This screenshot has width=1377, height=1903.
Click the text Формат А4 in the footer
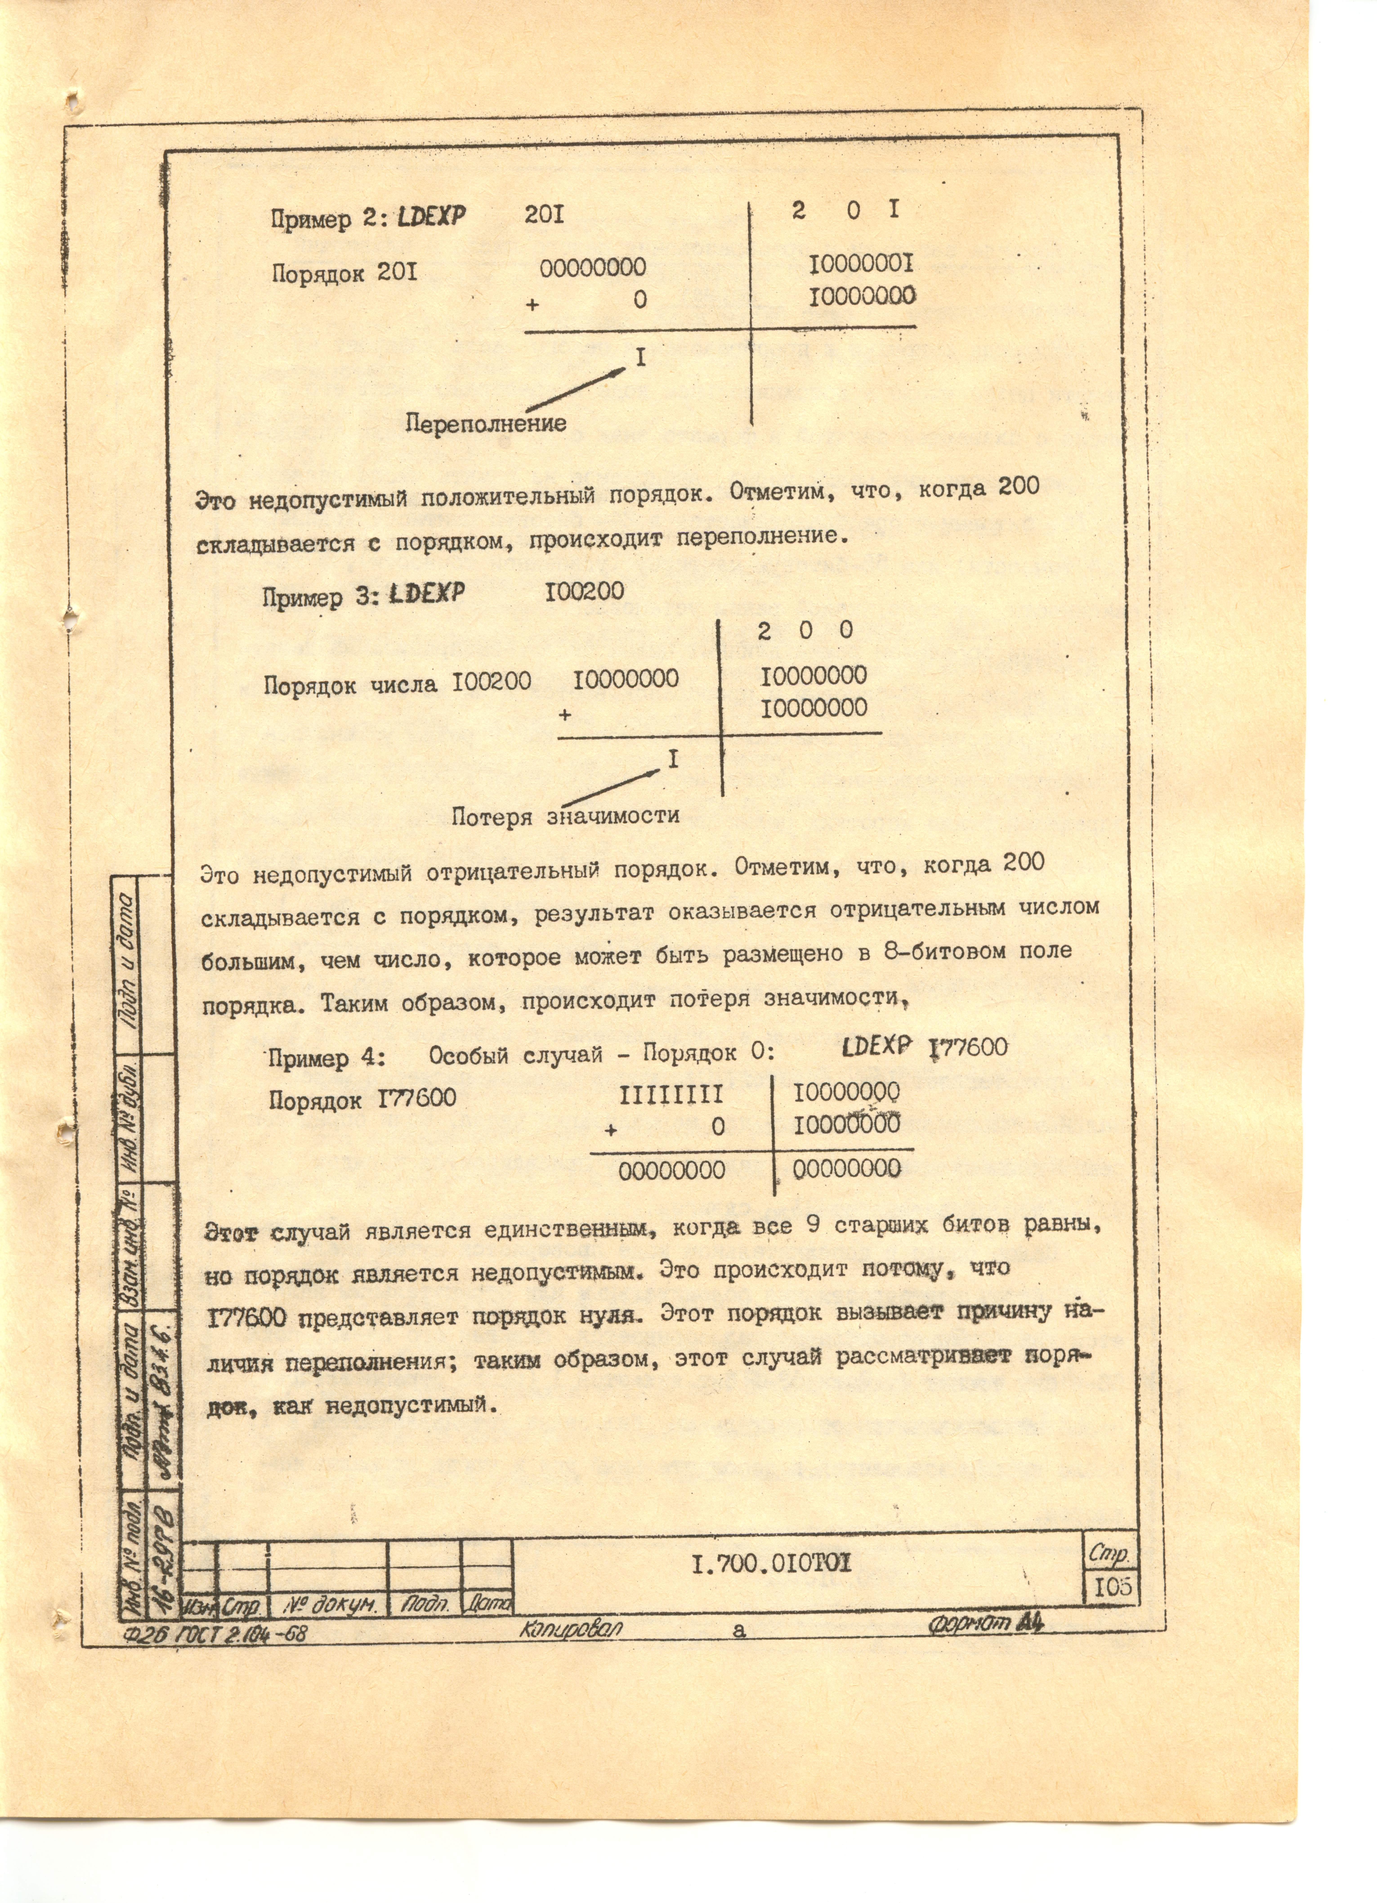click(986, 1624)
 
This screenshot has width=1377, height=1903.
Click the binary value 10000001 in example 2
click(861, 265)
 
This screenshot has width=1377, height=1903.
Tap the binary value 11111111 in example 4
click(671, 1096)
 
